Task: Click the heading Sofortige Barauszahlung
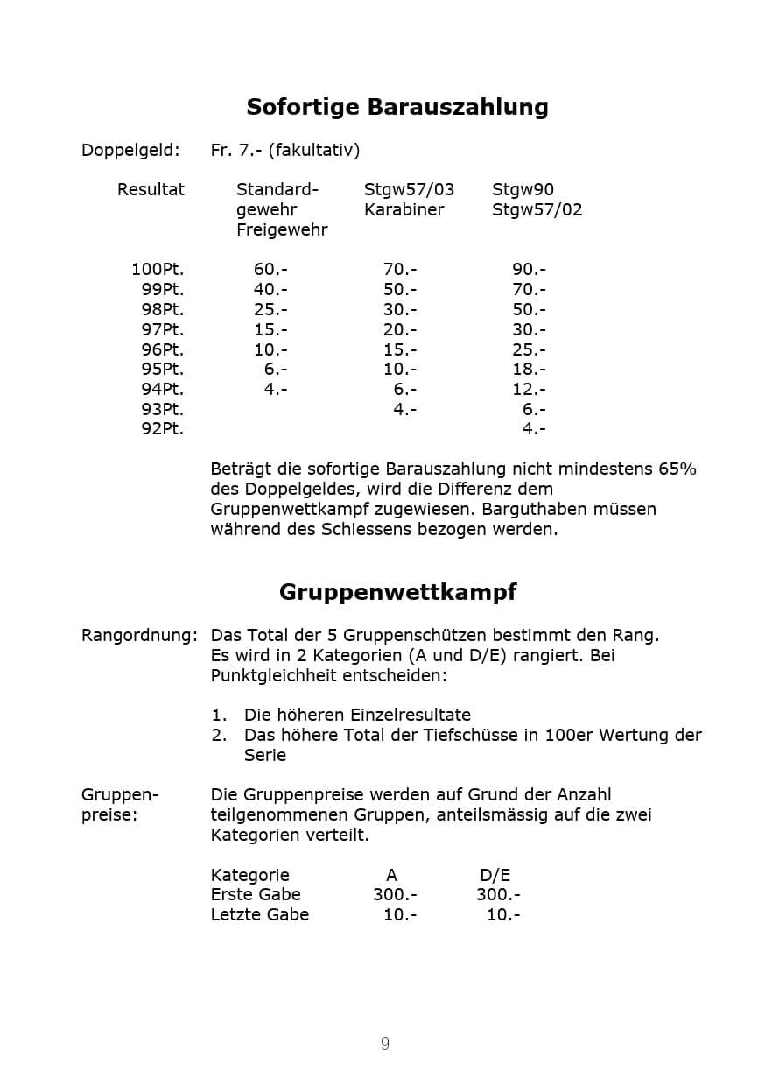point(397,107)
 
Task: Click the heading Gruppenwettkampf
point(397,592)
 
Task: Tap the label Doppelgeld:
point(130,150)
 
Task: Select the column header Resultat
point(151,189)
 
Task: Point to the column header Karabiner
point(404,209)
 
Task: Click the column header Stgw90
point(523,189)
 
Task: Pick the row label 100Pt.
point(158,269)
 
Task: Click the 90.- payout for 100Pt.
point(529,269)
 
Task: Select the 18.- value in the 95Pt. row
point(529,370)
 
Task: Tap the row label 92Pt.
point(162,429)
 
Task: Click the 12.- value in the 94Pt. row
point(529,389)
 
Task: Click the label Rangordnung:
point(139,635)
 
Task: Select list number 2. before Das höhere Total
point(219,735)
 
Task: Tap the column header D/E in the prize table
point(495,875)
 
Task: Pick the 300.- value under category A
point(395,894)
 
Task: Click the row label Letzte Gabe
point(260,914)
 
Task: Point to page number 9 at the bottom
point(384,1043)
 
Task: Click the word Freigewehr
point(282,229)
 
